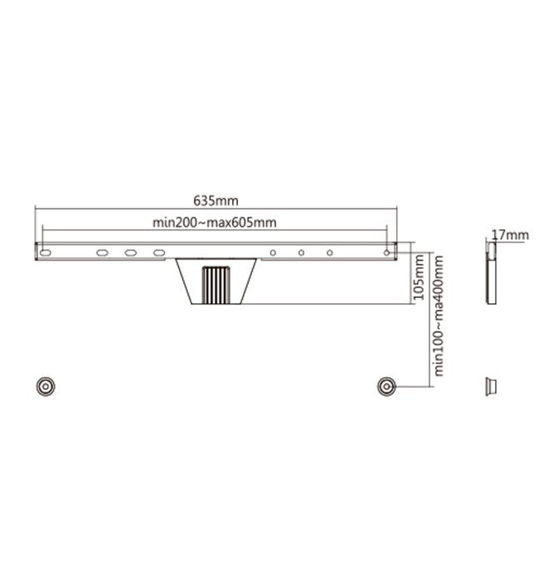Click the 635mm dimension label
click(x=216, y=201)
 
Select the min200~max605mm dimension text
click(x=214, y=221)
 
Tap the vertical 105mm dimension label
click(x=419, y=278)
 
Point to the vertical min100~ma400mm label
click(x=438, y=316)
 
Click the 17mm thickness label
click(x=509, y=235)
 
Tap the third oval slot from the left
click(x=131, y=252)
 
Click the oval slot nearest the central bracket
click(x=158, y=252)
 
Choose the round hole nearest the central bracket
click(x=274, y=252)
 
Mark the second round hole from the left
click(x=302, y=252)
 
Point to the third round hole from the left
click(x=330, y=252)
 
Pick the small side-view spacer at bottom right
click(x=490, y=385)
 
